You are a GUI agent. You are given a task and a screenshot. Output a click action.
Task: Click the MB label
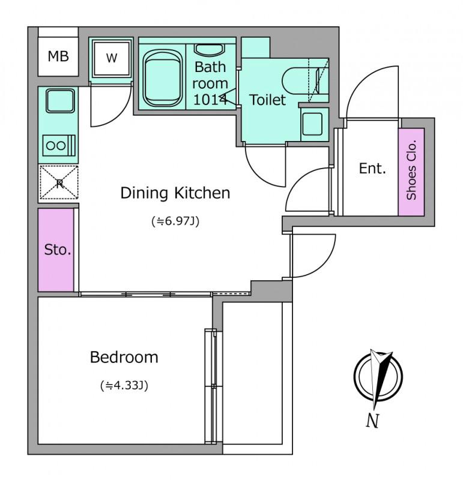[x=58, y=56]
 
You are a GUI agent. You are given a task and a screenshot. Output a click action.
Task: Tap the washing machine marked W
[x=112, y=58]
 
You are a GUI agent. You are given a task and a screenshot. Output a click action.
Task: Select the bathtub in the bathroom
[x=163, y=78]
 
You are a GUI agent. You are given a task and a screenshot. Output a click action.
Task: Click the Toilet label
[x=267, y=100]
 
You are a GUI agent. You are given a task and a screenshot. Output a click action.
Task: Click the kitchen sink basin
[x=61, y=101]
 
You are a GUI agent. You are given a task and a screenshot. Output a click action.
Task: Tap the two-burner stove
[x=59, y=145]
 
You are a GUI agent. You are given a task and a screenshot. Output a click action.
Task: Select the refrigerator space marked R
[x=59, y=183]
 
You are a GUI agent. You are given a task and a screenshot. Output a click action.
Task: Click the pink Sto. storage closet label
[x=58, y=250]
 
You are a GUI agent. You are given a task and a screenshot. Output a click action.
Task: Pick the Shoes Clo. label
[x=411, y=170]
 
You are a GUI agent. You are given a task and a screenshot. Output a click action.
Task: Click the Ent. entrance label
[x=372, y=169]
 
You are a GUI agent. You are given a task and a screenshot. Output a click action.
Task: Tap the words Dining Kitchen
[x=175, y=193]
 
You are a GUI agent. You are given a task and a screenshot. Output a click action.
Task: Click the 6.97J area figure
[x=175, y=221]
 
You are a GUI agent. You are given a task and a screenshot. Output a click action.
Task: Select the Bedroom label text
[x=124, y=357]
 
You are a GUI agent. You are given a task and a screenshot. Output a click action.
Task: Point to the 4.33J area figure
[x=124, y=385]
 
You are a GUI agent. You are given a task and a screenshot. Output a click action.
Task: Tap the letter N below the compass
[x=373, y=421]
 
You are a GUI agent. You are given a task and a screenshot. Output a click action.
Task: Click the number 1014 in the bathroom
[x=210, y=100]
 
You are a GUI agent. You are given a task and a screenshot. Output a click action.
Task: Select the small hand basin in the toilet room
[x=312, y=124]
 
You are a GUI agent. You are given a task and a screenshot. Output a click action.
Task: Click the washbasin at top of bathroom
[x=210, y=50]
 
